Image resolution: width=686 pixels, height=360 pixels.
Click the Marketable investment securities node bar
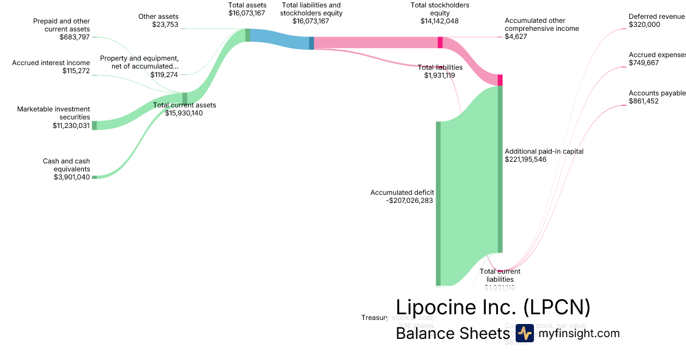click(x=94, y=125)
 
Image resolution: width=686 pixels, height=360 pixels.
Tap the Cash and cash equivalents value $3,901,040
click(x=71, y=177)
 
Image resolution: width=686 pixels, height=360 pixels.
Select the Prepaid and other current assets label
click(x=62, y=25)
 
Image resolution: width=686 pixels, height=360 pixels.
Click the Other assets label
click(x=159, y=17)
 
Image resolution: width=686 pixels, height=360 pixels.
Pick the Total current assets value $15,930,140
click(x=184, y=113)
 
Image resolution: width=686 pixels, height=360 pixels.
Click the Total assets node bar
click(x=248, y=35)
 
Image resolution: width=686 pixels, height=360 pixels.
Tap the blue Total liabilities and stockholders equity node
click(x=312, y=43)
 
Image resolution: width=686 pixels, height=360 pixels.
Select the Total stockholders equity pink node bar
click(x=440, y=42)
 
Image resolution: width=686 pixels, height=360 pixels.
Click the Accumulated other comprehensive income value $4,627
click(x=516, y=37)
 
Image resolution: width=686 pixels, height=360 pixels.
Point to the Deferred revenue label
click(x=656, y=17)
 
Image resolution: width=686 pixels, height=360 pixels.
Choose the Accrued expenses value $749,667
click(x=644, y=63)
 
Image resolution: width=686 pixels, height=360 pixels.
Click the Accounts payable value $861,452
click(x=644, y=101)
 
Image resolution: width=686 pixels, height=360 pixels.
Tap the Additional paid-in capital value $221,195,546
click(x=525, y=159)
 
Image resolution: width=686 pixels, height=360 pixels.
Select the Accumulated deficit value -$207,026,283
click(x=409, y=201)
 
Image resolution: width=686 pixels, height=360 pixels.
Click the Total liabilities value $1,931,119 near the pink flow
click(x=440, y=75)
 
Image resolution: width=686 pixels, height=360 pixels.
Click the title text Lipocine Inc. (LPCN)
click(x=493, y=307)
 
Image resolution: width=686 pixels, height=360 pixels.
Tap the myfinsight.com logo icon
click(x=524, y=333)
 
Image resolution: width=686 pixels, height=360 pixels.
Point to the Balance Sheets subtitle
click(x=452, y=334)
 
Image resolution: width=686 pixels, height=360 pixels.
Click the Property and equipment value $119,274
click(x=164, y=74)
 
